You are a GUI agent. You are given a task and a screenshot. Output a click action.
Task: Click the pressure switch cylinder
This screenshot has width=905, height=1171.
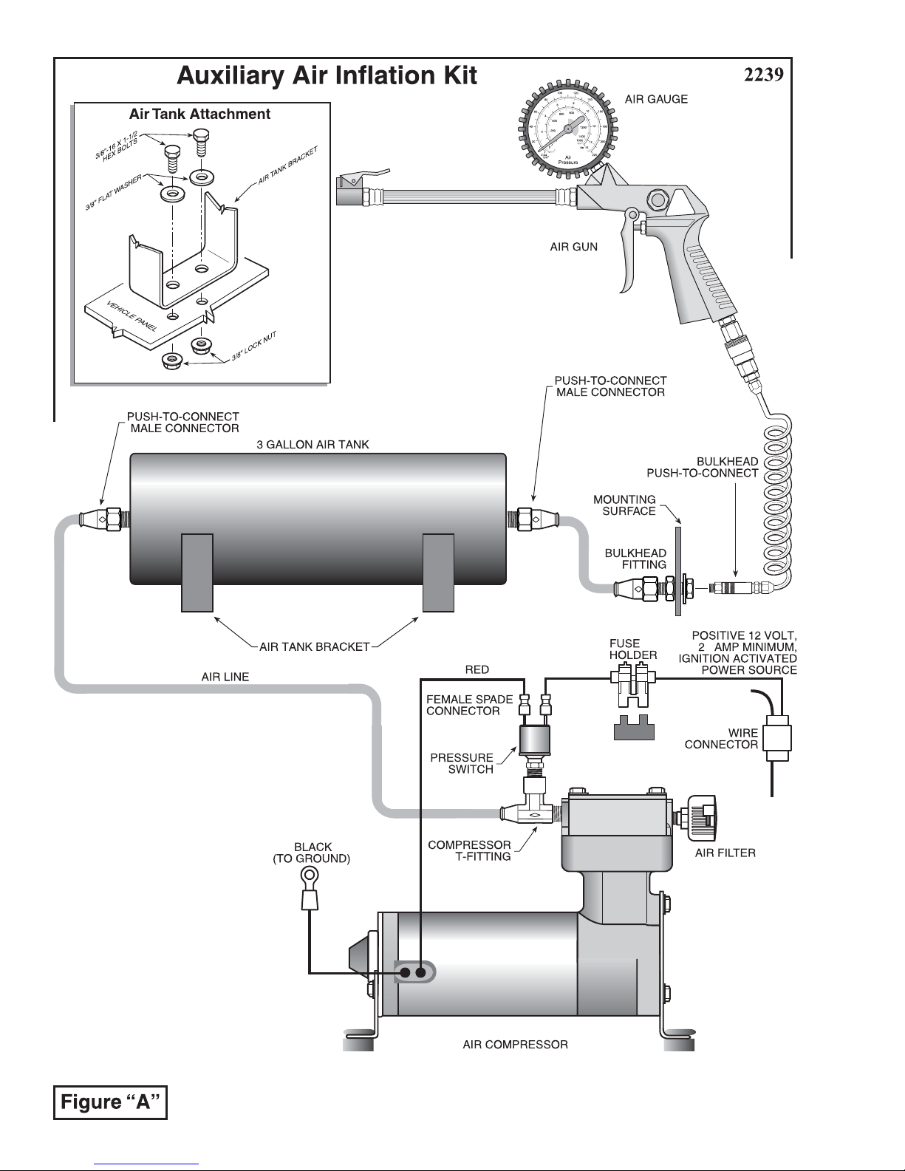(x=533, y=740)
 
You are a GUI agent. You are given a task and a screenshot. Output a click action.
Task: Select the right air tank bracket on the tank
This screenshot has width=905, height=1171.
(x=437, y=573)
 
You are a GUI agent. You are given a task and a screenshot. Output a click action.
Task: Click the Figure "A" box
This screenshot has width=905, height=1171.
(x=111, y=1102)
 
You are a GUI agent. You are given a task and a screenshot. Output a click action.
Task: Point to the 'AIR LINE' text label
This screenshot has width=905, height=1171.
(x=225, y=677)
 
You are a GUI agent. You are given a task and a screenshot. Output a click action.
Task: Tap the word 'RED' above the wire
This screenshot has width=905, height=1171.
(x=477, y=669)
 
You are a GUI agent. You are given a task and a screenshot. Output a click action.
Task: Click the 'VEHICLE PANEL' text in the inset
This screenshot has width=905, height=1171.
(x=132, y=317)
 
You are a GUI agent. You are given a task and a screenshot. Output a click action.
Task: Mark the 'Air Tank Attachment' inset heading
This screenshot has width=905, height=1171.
(x=199, y=114)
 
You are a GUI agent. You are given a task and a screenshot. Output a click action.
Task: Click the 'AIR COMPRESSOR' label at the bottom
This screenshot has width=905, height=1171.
(x=515, y=1045)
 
